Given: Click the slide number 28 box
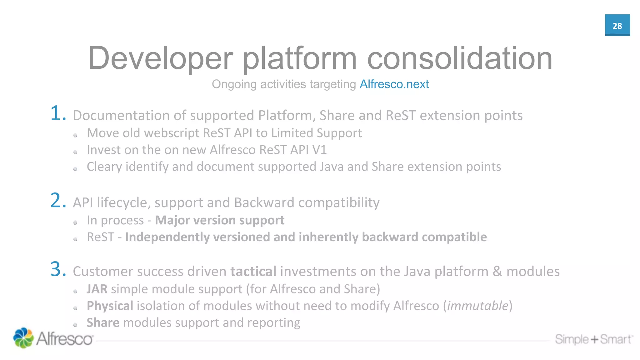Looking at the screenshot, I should pyautogui.click(x=617, y=25).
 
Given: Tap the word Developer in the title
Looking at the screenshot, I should pyautogui.click(x=160, y=58).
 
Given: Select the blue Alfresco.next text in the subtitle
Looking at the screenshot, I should pyautogui.click(x=394, y=84).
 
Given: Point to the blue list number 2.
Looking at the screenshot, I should pyautogui.click(x=58, y=201).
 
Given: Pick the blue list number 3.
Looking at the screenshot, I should pyautogui.click(x=58, y=270).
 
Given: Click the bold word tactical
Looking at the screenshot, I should pyautogui.click(x=253, y=271).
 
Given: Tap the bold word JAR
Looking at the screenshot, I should pyautogui.click(x=97, y=289).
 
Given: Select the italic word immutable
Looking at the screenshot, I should pyautogui.click(x=477, y=306).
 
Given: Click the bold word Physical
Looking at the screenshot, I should pyautogui.click(x=110, y=306).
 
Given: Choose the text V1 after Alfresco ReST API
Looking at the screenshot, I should pyautogui.click(x=319, y=150).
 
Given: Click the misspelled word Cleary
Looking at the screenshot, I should pyautogui.click(x=104, y=167).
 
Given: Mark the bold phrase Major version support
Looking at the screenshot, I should pyautogui.click(x=220, y=220).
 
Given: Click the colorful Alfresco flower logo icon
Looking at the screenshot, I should pyautogui.click(x=23, y=338).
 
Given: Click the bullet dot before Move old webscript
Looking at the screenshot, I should pyautogui.click(x=75, y=135).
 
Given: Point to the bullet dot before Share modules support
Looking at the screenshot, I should pyautogui.click(x=75, y=325).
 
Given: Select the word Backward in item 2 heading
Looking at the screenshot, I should pyautogui.click(x=264, y=202).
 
